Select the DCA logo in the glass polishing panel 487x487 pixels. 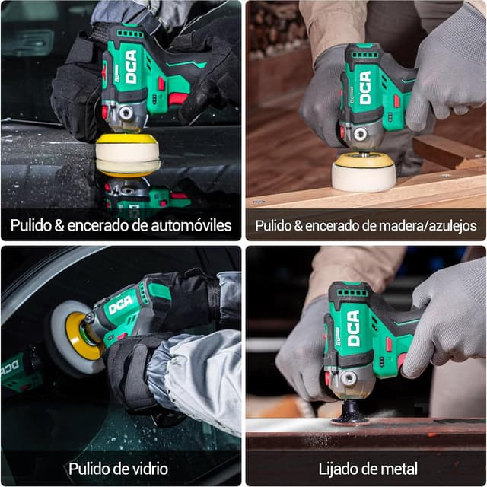point(120,305)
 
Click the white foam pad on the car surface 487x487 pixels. point(127,157)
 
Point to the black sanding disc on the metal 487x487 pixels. point(351,415)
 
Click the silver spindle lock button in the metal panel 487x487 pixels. point(349,377)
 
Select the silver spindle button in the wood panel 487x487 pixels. point(359,135)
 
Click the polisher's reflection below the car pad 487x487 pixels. point(141,196)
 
